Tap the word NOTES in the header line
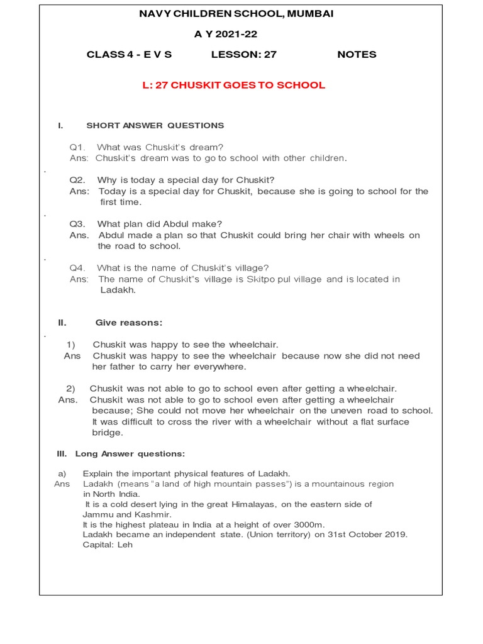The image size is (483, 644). click(357, 55)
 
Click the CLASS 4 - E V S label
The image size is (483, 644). click(129, 55)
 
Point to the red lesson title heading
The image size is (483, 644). click(234, 86)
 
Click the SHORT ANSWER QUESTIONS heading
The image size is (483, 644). click(155, 126)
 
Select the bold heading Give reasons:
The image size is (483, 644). click(128, 323)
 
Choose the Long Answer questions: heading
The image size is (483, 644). click(130, 453)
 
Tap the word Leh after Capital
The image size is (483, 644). click(125, 545)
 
